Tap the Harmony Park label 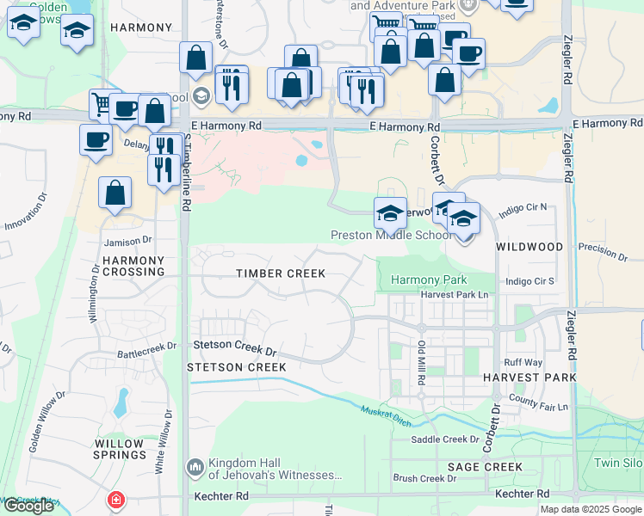pos(429,279)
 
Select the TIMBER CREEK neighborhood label pos(281,273)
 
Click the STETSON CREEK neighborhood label pos(237,367)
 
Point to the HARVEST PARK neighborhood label pos(529,378)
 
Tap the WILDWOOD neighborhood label pos(529,247)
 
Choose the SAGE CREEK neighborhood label pos(485,467)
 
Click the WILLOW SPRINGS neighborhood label pos(119,451)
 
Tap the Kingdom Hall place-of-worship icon pos(195,468)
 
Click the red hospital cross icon pos(115,500)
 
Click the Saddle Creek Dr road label pos(444,439)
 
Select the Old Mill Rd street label pos(422,362)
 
